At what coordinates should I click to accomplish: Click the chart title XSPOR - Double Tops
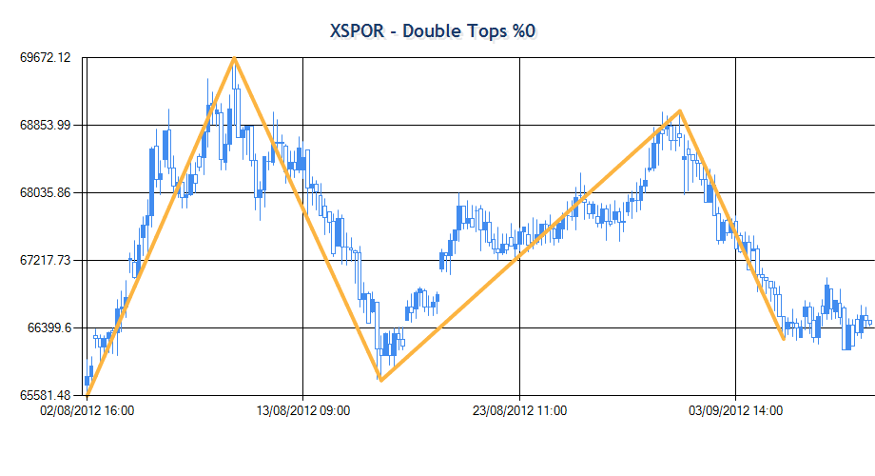433,30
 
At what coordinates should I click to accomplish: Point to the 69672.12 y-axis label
45,58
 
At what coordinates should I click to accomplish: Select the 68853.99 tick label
45,125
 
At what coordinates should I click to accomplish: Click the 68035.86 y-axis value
45,192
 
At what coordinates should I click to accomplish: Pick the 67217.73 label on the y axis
45,260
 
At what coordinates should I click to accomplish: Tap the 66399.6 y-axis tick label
49,327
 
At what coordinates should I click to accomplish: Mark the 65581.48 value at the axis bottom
45,395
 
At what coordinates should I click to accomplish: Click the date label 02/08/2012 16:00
87,411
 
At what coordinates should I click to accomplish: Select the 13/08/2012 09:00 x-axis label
303,411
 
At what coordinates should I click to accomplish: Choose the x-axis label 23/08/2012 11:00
519,411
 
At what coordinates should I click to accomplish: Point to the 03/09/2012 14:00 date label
736,411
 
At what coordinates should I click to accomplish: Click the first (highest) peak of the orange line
234,59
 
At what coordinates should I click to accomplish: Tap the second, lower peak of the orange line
679,111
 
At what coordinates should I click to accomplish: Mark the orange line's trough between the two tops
380,380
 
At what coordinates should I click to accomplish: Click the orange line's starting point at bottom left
87,394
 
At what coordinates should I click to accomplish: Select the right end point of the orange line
783,338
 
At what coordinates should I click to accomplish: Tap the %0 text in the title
523,30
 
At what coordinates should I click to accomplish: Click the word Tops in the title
483,30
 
